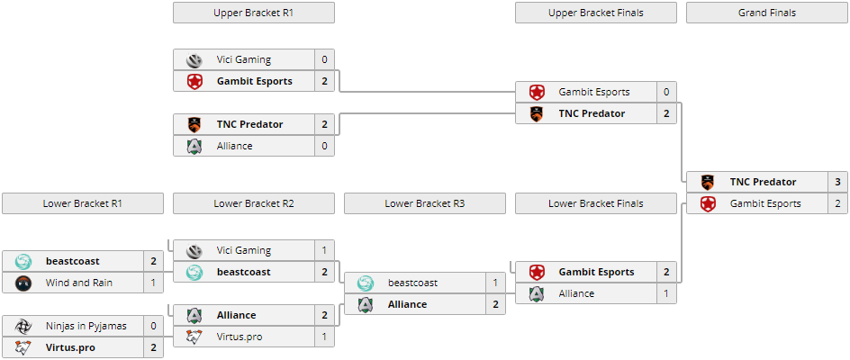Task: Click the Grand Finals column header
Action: (x=766, y=13)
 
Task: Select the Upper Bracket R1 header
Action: (x=253, y=13)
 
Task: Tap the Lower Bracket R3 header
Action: (x=424, y=203)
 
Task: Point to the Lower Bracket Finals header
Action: (x=595, y=203)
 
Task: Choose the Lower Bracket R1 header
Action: (x=82, y=203)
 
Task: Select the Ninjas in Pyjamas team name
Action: (x=86, y=326)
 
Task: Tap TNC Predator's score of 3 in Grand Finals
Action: (x=837, y=182)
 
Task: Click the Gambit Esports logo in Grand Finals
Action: (x=708, y=203)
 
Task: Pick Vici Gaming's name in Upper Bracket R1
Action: (x=244, y=59)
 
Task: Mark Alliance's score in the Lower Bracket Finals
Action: (x=666, y=293)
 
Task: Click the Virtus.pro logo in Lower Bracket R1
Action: (x=23, y=347)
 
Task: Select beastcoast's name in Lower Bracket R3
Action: (x=412, y=283)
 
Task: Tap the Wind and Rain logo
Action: (x=23, y=283)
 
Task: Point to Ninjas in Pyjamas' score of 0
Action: (x=153, y=326)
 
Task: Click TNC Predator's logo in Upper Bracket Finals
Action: (x=537, y=113)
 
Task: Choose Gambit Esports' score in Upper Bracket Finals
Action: (x=666, y=92)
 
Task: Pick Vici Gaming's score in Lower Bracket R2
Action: (x=324, y=250)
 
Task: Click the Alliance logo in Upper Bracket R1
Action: (x=194, y=146)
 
